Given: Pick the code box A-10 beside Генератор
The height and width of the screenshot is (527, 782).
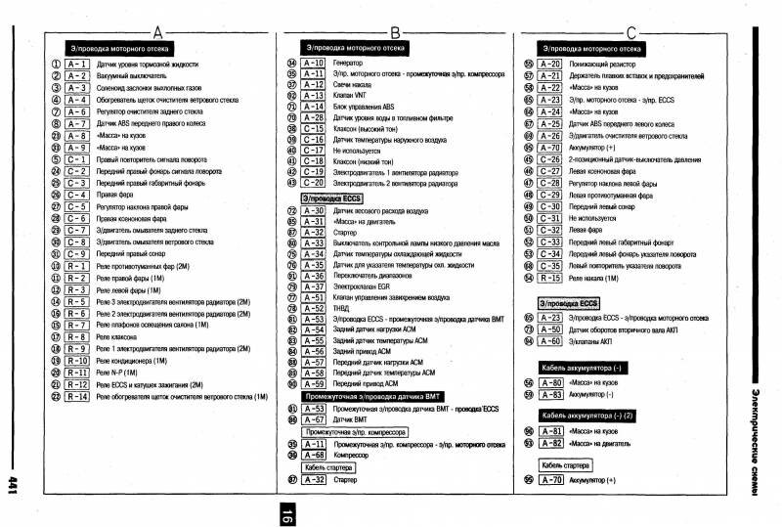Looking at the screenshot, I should pyautogui.click(x=314, y=62).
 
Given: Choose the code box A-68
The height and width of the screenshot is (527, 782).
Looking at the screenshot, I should pyautogui.click(x=314, y=455).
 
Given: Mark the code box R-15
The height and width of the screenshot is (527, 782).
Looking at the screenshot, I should pyautogui.click(x=550, y=278).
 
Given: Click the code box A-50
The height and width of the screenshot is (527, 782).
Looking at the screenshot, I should pyautogui.click(x=550, y=329).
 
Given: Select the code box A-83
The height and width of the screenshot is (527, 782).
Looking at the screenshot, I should pyautogui.click(x=550, y=394).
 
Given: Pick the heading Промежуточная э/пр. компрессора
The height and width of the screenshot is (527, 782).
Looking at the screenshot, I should pyautogui.click(x=354, y=431).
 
